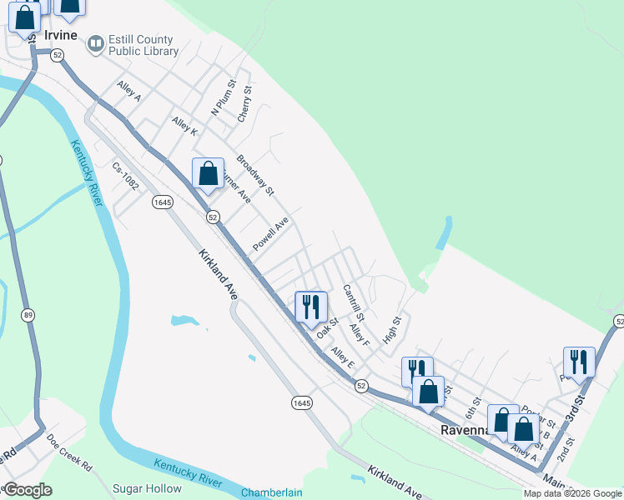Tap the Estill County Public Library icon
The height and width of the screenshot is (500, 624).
tap(96, 42)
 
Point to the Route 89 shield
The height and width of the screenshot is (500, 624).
tap(28, 314)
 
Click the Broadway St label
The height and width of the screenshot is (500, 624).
tap(255, 174)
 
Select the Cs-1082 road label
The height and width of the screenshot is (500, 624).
tap(125, 176)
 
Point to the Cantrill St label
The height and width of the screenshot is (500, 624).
tap(354, 302)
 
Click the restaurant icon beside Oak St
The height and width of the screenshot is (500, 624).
tap(309, 306)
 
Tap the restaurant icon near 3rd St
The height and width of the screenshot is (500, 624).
tap(579, 361)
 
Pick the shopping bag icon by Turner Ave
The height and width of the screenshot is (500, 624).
tap(208, 173)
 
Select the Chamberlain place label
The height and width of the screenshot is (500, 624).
tap(272, 492)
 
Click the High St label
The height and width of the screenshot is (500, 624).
tap(391, 329)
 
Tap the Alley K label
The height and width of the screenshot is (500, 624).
tap(184, 127)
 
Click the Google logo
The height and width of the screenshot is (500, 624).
tap(28, 490)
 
